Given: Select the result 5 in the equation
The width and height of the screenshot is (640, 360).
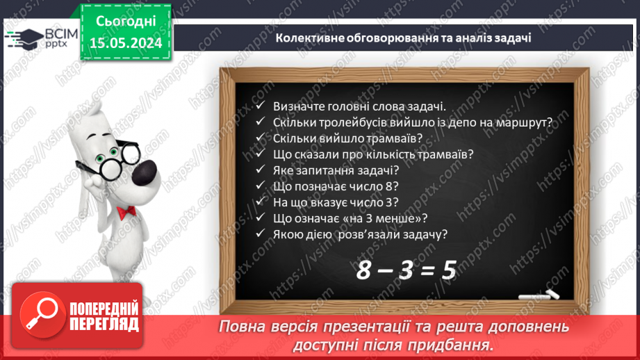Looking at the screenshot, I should pyautogui.click(x=448, y=269).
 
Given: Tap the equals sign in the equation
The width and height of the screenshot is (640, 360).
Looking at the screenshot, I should pyautogui.click(x=428, y=270).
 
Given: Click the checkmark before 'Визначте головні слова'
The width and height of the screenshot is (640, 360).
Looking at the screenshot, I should pyautogui.click(x=260, y=107).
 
